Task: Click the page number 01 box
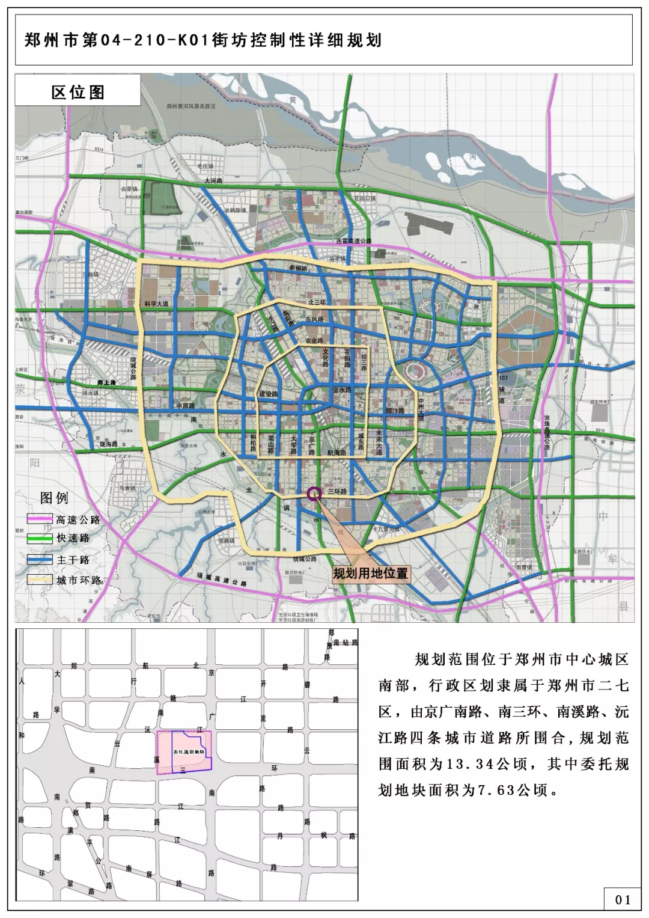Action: pyautogui.click(x=623, y=899)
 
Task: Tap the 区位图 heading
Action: pyautogui.click(x=78, y=92)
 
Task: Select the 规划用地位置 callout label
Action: pyautogui.click(x=370, y=573)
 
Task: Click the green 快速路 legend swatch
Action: pyautogui.click(x=40, y=539)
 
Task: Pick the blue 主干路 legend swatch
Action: pyautogui.click(x=40, y=560)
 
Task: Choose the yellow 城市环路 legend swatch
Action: pyautogui.click(x=40, y=580)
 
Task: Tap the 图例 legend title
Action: pyautogui.click(x=54, y=498)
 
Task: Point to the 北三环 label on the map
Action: pyautogui.click(x=317, y=302)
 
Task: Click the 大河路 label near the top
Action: pyautogui.click(x=213, y=180)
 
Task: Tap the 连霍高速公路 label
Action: pyautogui.click(x=354, y=241)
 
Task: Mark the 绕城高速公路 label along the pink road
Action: pyautogui.click(x=222, y=580)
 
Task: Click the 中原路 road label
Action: pyautogui.click(x=186, y=406)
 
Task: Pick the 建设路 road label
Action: pyautogui.click(x=269, y=394)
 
